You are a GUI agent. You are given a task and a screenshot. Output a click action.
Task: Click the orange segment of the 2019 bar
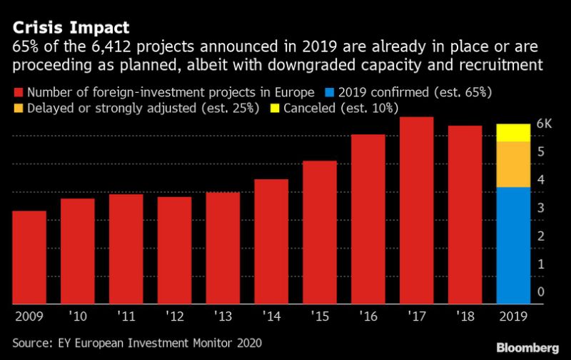click(x=514, y=164)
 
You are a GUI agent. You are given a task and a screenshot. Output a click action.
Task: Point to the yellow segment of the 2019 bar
click(x=514, y=132)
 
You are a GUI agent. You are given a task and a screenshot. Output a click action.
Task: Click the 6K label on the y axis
click(x=544, y=124)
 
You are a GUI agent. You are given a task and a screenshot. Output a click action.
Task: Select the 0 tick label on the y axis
click(x=540, y=292)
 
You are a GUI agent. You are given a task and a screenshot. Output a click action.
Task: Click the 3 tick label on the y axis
click(x=540, y=208)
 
